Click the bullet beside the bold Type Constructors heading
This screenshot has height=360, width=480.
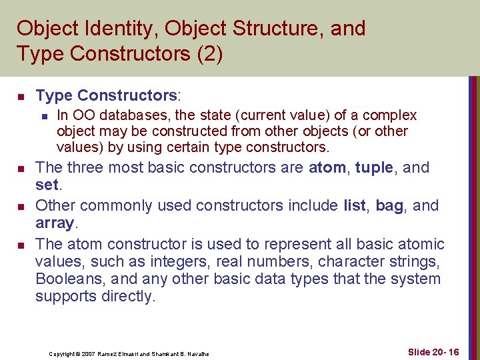(21, 97)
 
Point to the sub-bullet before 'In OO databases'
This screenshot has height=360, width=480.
(43, 116)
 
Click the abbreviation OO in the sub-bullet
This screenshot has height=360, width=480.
(84, 115)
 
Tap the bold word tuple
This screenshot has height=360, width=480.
(374, 167)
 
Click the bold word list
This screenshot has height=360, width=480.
(354, 205)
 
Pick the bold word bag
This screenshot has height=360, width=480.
(389, 205)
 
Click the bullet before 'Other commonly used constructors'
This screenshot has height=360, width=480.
(21, 206)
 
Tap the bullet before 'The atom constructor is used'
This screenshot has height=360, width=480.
(21, 245)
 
